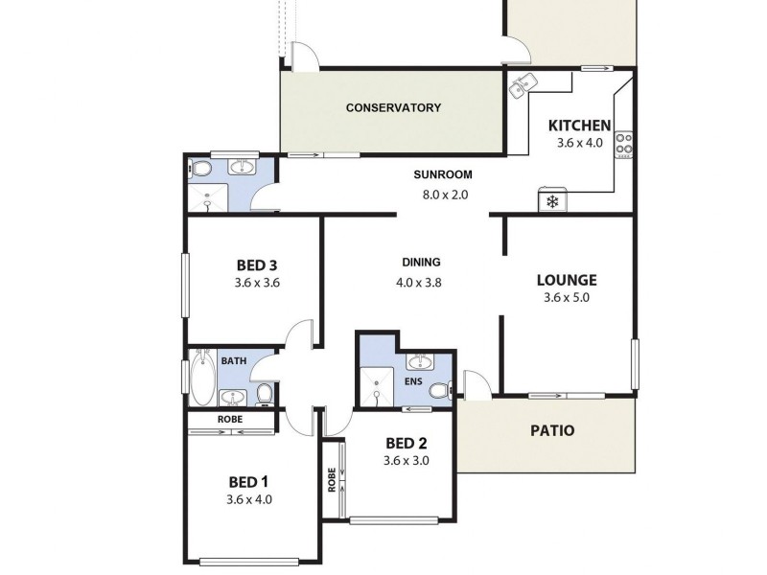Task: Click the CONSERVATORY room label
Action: pos(393,107)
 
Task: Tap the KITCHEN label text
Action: pos(578,126)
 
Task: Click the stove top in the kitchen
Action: pos(623,144)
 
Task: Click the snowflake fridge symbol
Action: pos(552,201)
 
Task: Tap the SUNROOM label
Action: pos(443,174)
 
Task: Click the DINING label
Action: pos(421,262)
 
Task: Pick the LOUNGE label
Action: pos(567,280)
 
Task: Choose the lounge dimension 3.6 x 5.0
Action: pos(567,298)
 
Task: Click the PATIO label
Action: pos(552,430)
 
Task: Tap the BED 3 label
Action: pos(256,265)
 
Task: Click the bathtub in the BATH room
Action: pos(202,379)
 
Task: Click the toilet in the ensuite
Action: pos(440,391)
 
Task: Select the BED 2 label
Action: pos(406,443)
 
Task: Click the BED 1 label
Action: pos(249,481)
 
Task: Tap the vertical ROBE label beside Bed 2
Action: pos(332,478)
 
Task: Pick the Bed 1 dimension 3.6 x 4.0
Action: pos(249,499)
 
